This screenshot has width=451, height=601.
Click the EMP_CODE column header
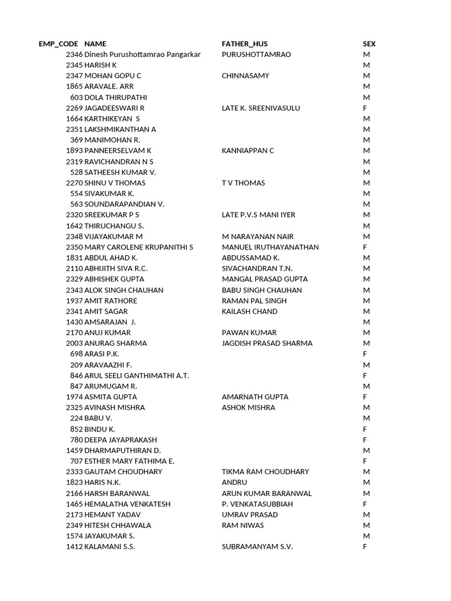pyautogui.click(x=58, y=44)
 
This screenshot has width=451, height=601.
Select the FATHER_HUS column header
pyautogui.click(x=245, y=44)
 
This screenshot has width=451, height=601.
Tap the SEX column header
pyautogui.click(x=369, y=44)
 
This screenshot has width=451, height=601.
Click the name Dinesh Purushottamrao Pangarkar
pyautogui.click(x=143, y=55)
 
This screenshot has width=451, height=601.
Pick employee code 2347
pyautogui.click(x=74, y=76)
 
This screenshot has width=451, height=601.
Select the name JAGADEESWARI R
pyautogui.click(x=115, y=108)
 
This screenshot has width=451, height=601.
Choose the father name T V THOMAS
pyautogui.click(x=243, y=183)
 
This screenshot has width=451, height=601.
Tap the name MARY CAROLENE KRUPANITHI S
pyautogui.click(x=139, y=247)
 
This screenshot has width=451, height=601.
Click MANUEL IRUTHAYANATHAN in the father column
pyautogui.click(x=270, y=247)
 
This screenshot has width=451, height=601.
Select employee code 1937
pyautogui.click(x=74, y=300)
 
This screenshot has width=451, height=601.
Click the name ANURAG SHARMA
pyautogui.click(x=116, y=343)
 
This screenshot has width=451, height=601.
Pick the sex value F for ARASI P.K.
pyautogui.click(x=365, y=354)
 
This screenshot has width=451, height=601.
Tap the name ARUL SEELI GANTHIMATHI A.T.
pyautogui.click(x=137, y=375)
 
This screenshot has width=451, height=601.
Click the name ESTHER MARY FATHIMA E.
pyautogui.click(x=129, y=461)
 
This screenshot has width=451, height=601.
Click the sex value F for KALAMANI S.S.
pyautogui.click(x=365, y=546)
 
